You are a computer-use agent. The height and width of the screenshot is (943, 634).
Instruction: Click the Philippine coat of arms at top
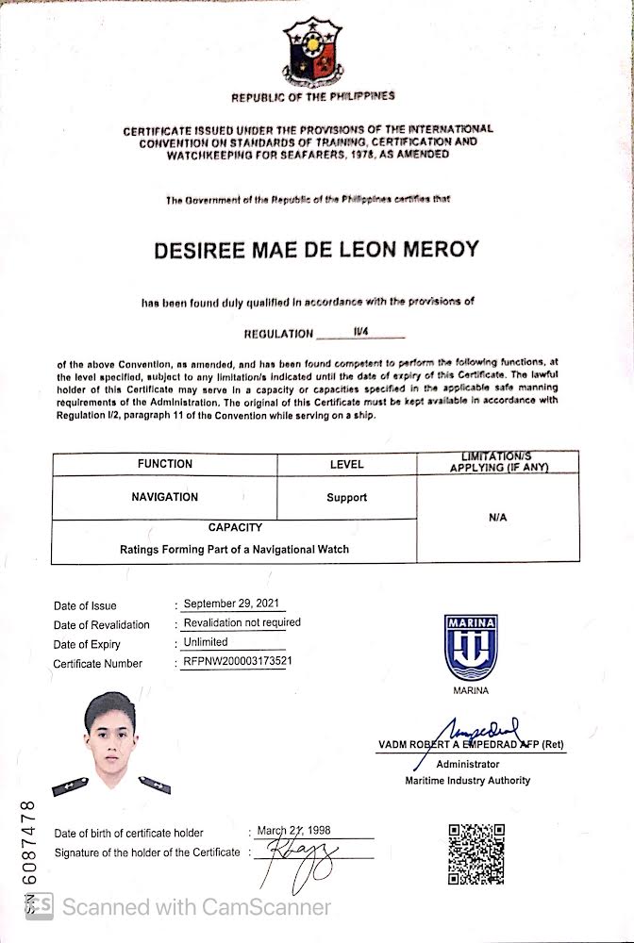[x=313, y=52]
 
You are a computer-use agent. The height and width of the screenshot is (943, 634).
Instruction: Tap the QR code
[x=475, y=854]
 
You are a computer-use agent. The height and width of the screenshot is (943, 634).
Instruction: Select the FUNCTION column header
[x=164, y=464]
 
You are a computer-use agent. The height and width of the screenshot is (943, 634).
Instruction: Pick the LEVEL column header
[x=346, y=464]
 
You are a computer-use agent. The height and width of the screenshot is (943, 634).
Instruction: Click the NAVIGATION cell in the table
[x=164, y=497]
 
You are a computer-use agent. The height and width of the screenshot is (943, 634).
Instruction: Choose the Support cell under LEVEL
[x=346, y=498]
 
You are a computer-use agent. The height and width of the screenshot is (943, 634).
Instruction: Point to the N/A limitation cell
[x=498, y=518]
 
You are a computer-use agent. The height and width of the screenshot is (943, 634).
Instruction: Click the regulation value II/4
[x=360, y=332]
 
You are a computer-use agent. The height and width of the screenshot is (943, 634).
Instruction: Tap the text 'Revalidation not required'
[x=242, y=622]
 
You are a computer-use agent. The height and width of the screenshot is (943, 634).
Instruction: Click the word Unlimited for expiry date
[x=206, y=642]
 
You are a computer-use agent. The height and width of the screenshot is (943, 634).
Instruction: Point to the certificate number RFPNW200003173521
[x=237, y=662]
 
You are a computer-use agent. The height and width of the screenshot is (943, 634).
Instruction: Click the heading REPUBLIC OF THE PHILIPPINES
[x=313, y=97]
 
